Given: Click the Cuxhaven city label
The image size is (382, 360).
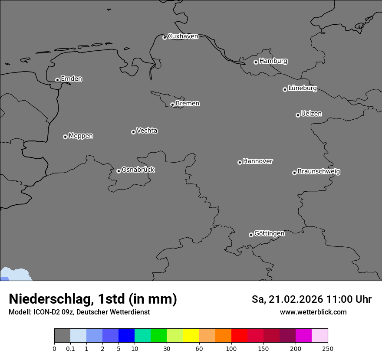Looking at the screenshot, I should coord(183,36).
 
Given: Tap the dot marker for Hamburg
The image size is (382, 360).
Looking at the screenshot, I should coord(256,62).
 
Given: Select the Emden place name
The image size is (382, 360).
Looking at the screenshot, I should coord(71,79).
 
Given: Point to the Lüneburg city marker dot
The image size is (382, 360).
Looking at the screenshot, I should coord(285,89).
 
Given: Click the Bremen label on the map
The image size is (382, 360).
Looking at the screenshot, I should coord(188,104).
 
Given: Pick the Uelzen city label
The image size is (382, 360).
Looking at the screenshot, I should coord(311,114).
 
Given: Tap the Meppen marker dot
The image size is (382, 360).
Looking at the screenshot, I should coord(65,137).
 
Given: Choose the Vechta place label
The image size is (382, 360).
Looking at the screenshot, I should coord(147,131).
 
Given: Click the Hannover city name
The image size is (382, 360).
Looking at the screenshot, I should coord(258,161).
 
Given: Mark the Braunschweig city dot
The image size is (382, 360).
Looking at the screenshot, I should coord(294,173).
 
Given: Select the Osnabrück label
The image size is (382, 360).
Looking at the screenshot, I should coord(138,170).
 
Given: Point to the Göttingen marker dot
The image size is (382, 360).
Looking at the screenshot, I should coord(251,235).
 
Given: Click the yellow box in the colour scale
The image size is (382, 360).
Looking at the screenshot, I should coord(191,336).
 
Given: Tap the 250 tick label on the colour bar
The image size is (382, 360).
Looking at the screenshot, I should coord(328,348).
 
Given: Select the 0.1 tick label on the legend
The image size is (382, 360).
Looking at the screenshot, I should coord(70,348).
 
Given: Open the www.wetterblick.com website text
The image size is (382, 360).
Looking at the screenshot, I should coord(313,312).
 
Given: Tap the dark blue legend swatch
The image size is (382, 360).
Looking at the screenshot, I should coord(126,336).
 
